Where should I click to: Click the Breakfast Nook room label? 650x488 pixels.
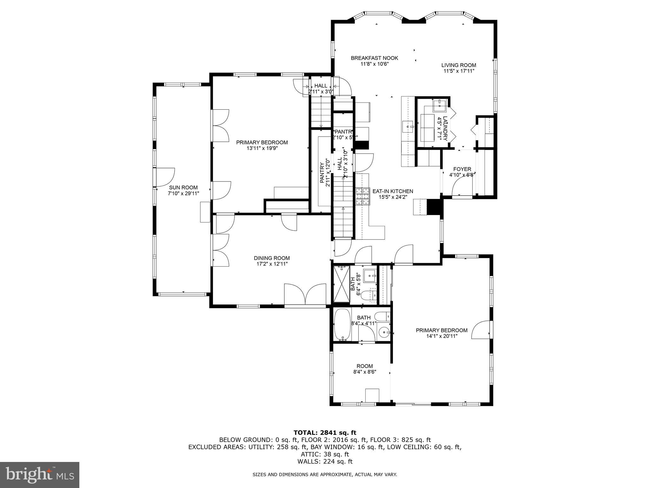374,58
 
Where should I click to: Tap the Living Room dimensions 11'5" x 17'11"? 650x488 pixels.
459,71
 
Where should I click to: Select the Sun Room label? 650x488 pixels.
183,187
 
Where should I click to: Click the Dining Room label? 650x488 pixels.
272,258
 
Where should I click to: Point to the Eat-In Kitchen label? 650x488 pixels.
393,191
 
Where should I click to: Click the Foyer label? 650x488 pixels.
462,169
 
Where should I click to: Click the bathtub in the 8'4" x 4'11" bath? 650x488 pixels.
342,324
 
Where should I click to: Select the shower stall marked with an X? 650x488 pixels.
341,284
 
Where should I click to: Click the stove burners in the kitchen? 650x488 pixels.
363,196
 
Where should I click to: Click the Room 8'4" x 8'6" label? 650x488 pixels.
364,366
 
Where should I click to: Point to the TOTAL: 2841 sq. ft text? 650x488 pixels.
325,432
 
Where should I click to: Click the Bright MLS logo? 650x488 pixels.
39,475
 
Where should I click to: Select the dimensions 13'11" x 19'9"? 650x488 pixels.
262,148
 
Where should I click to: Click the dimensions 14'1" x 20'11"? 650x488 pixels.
441,336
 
